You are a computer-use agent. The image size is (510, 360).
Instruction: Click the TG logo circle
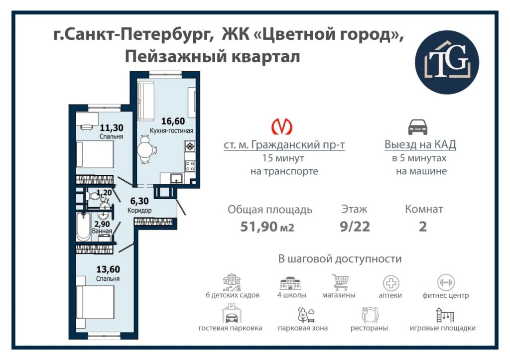(x=447, y=62)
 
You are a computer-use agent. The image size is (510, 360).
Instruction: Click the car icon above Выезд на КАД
(x=418, y=127)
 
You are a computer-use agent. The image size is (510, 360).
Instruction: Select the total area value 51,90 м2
(x=267, y=227)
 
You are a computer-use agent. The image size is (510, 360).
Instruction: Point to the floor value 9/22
(x=355, y=227)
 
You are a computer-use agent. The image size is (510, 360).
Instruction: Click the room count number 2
(x=423, y=227)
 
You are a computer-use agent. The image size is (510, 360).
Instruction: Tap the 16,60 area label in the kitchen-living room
(x=173, y=121)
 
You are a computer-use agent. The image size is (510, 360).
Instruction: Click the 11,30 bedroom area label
(x=111, y=128)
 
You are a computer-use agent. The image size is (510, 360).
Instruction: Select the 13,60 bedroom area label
(x=108, y=269)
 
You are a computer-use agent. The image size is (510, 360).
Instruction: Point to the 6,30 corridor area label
(x=139, y=201)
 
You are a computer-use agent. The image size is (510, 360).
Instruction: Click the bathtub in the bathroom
(x=83, y=227)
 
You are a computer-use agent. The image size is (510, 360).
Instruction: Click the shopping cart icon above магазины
(x=340, y=282)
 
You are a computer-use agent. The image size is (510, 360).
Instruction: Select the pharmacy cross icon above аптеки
(x=390, y=283)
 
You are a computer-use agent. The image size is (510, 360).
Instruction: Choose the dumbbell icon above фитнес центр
(x=446, y=282)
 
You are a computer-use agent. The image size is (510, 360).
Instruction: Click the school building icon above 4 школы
(x=290, y=283)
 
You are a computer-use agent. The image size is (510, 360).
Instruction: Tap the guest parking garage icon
(x=231, y=313)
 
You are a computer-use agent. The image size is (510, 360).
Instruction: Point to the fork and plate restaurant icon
(x=370, y=315)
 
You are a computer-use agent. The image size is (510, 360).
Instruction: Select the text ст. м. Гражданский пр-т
(x=284, y=145)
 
